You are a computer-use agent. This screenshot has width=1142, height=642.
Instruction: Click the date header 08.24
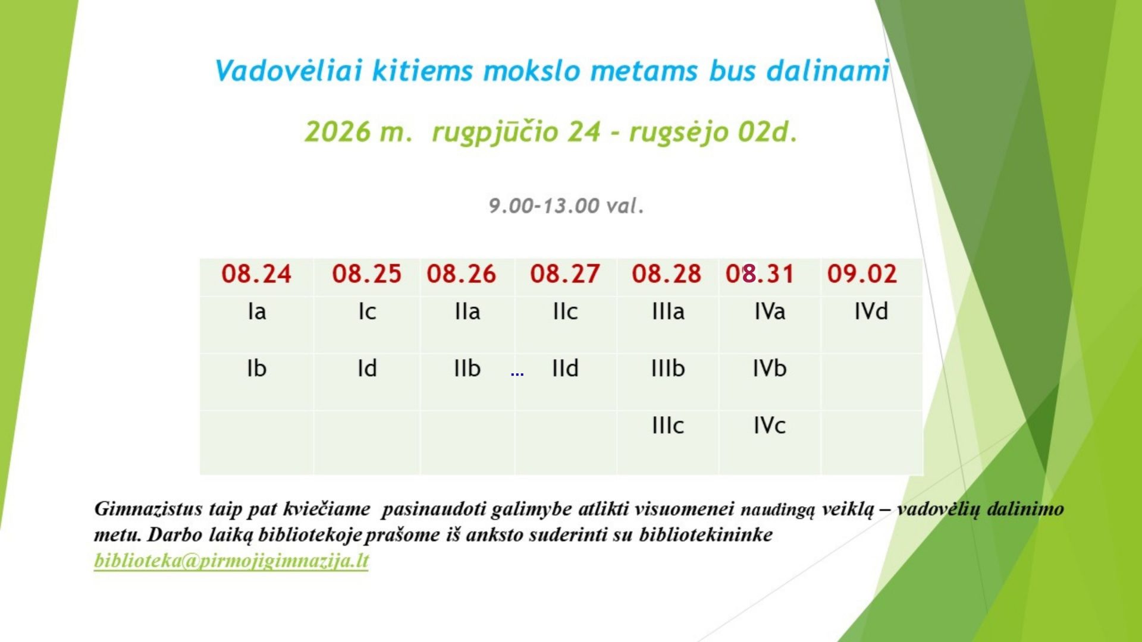click(x=256, y=274)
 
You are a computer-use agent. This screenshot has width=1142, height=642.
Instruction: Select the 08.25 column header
click(x=366, y=274)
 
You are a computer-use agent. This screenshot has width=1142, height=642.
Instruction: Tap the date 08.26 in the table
click(x=461, y=274)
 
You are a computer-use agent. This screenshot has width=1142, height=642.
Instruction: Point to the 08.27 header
click(x=565, y=274)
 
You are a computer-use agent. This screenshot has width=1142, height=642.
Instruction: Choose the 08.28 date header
click(x=667, y=274)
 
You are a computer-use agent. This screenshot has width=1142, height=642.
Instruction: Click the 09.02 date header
click(x=862, y=274)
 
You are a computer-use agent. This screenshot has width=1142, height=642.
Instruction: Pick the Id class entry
click(x=367, y=369)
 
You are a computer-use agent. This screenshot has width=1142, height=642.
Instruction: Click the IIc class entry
click(x=565, y=311)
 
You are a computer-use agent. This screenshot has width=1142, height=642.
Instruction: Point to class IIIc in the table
click(x=668, y=426)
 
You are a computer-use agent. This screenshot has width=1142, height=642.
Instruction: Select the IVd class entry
click(x=871, y=311)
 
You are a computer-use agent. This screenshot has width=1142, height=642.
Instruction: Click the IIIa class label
click(x=668, y=311)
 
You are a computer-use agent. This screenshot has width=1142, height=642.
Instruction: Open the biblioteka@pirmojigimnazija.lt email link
click(x=231, y=561)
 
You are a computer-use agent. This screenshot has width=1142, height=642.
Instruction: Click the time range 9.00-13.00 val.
click(x=566, y=206)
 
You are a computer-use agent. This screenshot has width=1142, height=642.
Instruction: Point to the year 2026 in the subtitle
click(x=337, y=131)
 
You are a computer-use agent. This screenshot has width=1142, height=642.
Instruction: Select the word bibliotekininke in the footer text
click(x=706, y=535)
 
